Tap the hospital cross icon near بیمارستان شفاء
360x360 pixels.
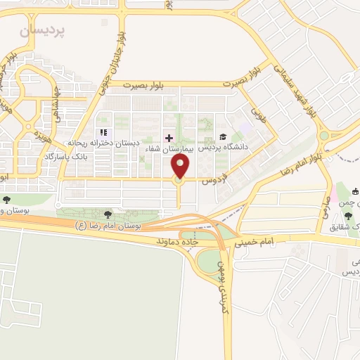[x=168, y=137]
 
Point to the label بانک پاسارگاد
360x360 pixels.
[x=70, y=155]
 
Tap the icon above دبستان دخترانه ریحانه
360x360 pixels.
[x=103, y=132]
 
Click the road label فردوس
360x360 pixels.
[x=211, y=178]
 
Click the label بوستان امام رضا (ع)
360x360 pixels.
[x=109, y=226]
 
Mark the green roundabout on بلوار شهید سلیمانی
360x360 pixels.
[x=324, y=136]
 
